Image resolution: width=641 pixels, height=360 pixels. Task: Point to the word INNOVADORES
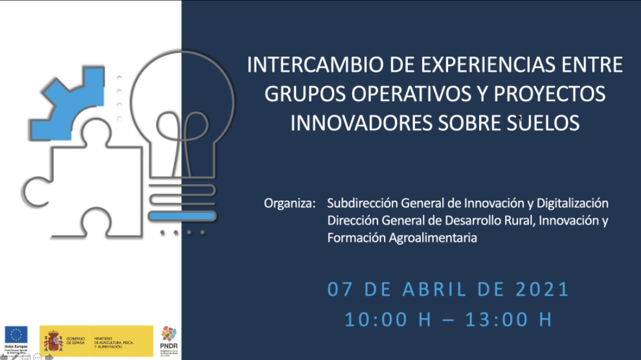(x=357, y=122)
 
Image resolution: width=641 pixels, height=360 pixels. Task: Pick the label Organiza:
(x=289, y=203)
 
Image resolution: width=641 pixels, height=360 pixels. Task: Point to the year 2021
(x=543, y=289)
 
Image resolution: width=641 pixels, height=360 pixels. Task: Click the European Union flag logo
(x=16, y=335)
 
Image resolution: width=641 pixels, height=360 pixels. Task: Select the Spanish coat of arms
(x=52, y=340)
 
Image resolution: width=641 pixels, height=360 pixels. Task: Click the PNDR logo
(x=168, y=339)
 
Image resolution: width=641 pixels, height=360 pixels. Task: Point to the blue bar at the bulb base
(x=181, y=216)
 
